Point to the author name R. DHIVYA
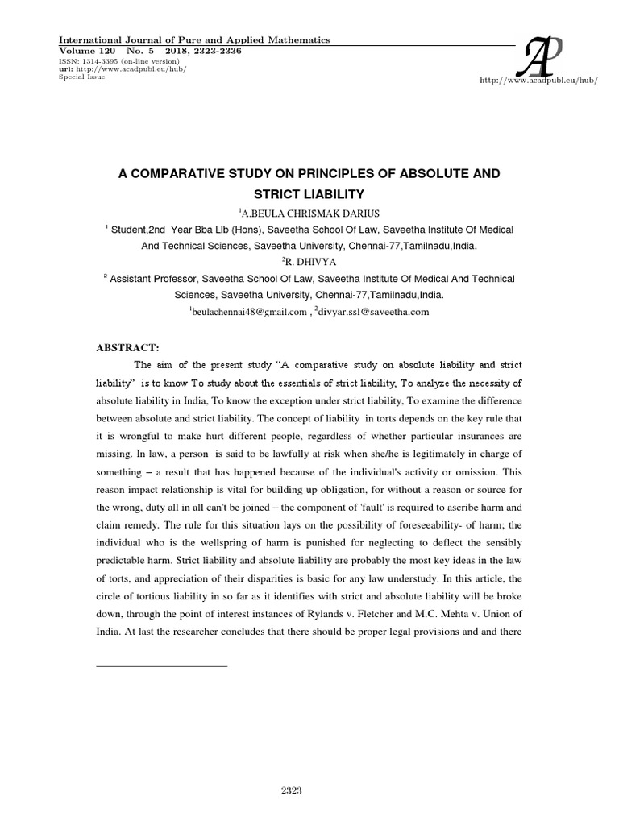pos(310,262)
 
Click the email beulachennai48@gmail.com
pos(249,312)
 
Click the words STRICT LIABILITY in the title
pos(309,194)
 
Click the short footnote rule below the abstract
pos(162,665)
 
